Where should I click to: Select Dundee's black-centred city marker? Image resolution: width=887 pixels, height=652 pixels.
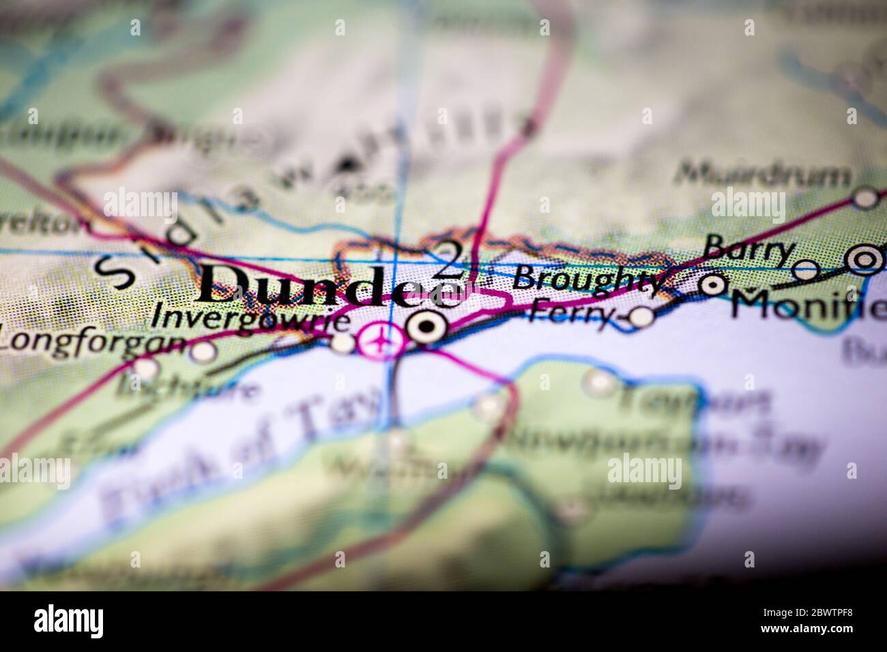click(427, 327)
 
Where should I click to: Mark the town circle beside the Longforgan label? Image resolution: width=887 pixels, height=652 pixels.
click(203, 352)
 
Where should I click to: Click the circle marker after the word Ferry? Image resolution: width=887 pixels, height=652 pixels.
click(641, 316)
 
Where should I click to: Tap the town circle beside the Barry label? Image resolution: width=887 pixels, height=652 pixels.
click(807, 270)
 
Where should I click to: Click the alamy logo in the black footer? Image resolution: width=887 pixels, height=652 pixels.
click(69, 621)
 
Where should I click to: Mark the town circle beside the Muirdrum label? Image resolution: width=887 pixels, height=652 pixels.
click(867, 198)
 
